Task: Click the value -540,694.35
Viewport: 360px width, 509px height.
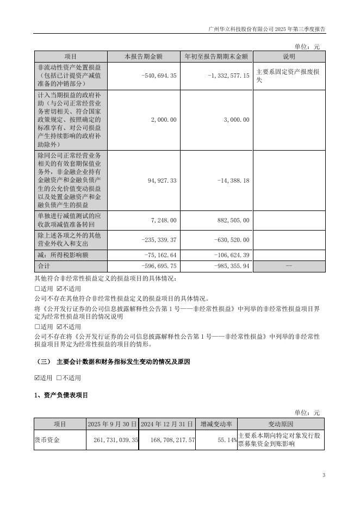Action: [x=158, y=76]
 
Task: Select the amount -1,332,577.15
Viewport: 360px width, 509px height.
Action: [x=228, y=76]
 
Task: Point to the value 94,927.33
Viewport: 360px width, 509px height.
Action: [x=162, y=180]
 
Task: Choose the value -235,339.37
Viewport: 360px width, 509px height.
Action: [x=158, y=240]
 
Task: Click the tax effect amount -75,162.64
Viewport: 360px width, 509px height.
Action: [x=159, y=254]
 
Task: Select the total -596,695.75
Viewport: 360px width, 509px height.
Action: [x=158, y=266]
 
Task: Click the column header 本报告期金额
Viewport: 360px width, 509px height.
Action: [x=144, y=57]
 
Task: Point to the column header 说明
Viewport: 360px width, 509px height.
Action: [x=288, y=57]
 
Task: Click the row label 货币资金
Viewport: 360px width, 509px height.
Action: [x=47, y=439]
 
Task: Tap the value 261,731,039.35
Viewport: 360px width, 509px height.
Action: [x=116, y=439]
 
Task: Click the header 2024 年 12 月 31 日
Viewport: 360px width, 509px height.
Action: [x=167, y=424]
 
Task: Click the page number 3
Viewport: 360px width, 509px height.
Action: [x=324, y=476]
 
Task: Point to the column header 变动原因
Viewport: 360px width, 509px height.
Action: [x=281, y=424]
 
